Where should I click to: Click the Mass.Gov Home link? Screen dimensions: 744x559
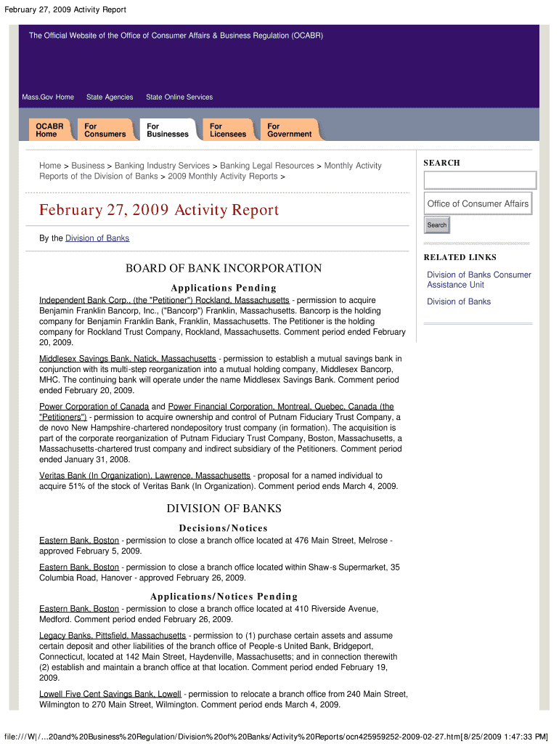(x=48, y=97)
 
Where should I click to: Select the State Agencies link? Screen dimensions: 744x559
(x=110, y=97)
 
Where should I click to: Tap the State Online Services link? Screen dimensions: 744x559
(x=179, y=97)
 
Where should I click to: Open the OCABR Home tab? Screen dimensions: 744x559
(x=49, y=130)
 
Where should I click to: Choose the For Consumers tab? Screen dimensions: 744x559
(x=105, y=130)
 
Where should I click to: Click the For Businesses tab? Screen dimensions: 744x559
(x=167, y=130)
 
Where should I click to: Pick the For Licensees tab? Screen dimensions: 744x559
(x=228, y=130)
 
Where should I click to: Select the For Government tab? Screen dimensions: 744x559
(x=289, y=130)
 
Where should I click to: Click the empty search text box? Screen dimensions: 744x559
(x=479, y=180)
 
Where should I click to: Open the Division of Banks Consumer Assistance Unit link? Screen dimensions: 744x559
(x=478, y=280)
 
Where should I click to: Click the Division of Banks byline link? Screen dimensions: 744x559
(x=97, y=238)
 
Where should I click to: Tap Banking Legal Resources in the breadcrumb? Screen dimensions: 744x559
(x=267, y=166)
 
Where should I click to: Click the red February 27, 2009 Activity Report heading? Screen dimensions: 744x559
(x=159, y=211)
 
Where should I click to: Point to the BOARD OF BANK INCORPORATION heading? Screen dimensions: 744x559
(x=224, y=269)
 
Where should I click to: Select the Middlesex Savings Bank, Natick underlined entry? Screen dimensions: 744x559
(x=127, y=359)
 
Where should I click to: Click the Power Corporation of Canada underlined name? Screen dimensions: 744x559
(x=94, y=407)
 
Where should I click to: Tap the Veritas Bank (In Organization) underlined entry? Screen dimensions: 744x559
(x=144, y=476)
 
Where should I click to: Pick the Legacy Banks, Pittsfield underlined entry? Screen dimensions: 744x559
(x=113, y=636)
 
